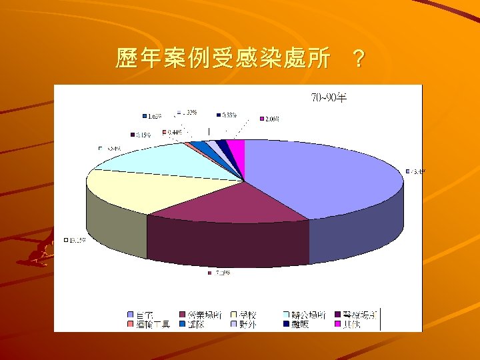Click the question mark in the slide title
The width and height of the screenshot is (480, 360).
[x=358, y=60]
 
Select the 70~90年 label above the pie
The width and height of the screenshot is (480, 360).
[x=329, y=99]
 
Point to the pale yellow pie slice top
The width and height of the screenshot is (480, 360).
[x=140, y=190]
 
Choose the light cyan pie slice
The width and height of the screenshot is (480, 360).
[x=167, y=160]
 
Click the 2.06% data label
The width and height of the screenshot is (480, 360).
[x=271, y=119]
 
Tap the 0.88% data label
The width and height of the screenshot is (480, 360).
[x=229, y=114]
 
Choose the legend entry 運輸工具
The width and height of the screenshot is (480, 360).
[x=153, y=325]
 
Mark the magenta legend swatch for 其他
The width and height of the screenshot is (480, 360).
[x=338, y=325]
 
